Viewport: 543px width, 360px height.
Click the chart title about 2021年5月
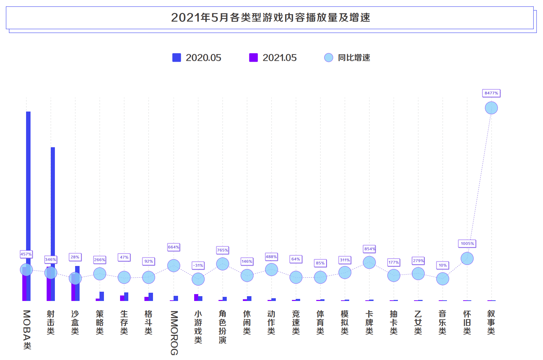click(270, 18)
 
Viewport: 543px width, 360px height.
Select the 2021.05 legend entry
click(273, 58)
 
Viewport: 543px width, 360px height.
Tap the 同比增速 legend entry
click(347, 58)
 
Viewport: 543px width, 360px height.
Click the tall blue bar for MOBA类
click(28, 189)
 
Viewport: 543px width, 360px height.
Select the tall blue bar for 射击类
click(53, 206)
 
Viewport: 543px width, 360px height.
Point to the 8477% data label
click(491, 93)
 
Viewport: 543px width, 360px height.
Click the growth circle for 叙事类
click(491, 108)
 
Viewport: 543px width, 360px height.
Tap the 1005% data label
click(467, 244)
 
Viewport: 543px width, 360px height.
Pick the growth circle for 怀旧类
click(467, 258)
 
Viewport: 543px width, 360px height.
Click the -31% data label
click(198, 265)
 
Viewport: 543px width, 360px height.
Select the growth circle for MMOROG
click(174, 265)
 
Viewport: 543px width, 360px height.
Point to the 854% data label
click(369, 249)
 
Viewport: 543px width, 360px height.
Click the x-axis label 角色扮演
click(223, 327)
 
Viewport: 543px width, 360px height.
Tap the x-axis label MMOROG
click(174, 333)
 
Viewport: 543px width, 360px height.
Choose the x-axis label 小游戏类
click(198, 327)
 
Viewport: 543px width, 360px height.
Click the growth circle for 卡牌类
click(369, 263)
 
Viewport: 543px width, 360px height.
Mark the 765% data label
click(223, 250)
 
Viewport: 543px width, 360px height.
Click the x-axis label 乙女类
click(418, 323)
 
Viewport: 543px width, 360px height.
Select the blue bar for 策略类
click(102, 296)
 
